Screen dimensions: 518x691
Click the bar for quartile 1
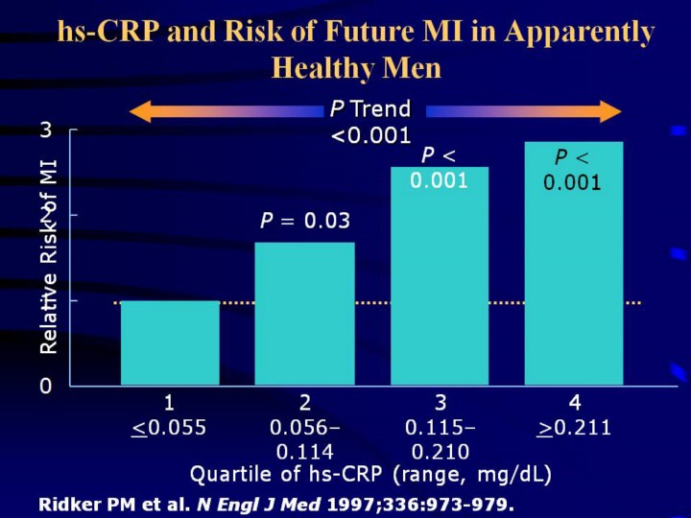[170, 342]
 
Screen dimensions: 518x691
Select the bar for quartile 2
[304, 314]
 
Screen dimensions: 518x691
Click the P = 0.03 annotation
[304, 222]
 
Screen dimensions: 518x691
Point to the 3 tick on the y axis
[45, 130]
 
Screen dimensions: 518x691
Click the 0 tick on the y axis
[45, 386]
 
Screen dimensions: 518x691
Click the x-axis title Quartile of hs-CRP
[370, 474]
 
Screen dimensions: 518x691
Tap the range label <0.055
[169, 428]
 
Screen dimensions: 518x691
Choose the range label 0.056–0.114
[304, 439]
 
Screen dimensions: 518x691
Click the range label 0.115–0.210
[440, 439]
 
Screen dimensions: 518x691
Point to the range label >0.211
[575, 428]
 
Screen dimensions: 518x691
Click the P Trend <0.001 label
[370, 122]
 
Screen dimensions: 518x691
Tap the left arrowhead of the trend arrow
[140, 111]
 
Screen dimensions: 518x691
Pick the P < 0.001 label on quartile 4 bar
[574, 169]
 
